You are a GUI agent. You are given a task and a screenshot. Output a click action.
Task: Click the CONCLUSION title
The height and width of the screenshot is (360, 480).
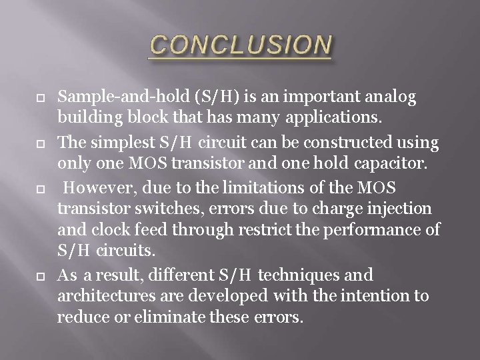pos(240,45)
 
